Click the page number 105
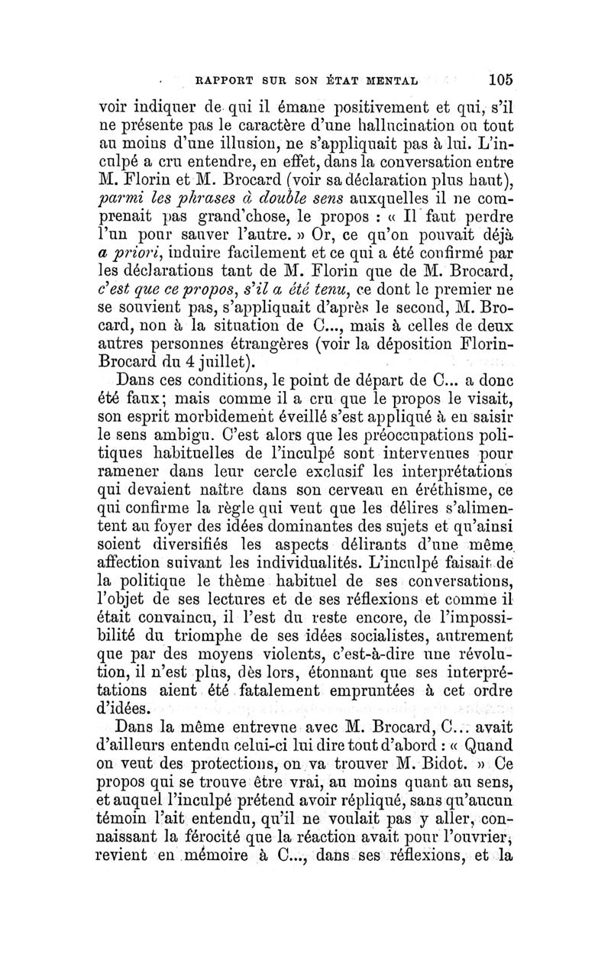(496, 79)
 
